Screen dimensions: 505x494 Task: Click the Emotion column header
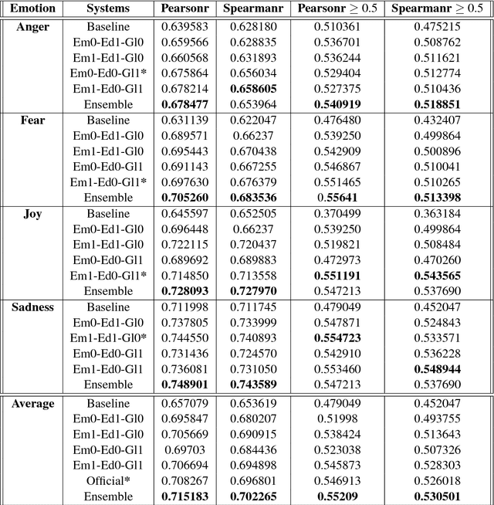click(32, 9)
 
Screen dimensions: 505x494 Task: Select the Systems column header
click(103, 9)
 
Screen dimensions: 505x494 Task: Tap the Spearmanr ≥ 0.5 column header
click(437, 9)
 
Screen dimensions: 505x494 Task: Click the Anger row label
click(32, 26)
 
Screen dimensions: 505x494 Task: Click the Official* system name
click(103, 480)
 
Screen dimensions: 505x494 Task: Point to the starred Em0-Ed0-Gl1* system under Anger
click(103, 73)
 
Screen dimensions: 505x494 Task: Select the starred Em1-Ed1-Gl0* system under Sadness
click(103, 337)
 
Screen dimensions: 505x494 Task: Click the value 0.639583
click(184, 26)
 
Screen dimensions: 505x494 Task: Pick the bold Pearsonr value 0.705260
click(184, 198)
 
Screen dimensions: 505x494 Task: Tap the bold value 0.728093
click(184, 291)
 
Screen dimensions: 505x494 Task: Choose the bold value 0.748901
click(184, 385)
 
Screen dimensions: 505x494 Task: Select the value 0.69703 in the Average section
click(184, 449)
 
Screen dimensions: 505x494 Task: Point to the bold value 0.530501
click(437, 495)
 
